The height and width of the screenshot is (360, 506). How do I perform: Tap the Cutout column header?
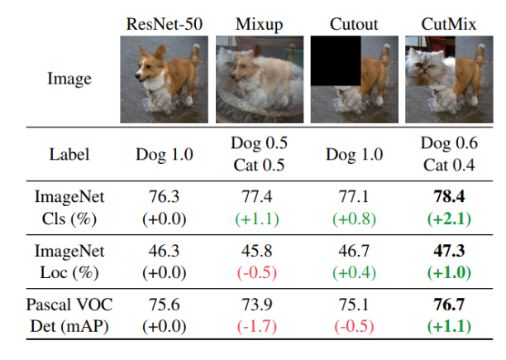[x=353, y=24]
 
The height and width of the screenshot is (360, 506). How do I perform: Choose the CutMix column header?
[x=447, y=24]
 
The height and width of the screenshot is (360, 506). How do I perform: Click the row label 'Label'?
[x=68, y=154]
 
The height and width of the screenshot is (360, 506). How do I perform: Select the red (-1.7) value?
[x=259, y=324]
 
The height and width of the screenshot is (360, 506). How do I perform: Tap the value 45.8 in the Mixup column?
[x=259, y=252]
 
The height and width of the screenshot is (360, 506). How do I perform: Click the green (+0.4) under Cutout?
[x=353, y=271]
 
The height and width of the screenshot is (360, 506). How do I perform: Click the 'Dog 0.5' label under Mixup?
[x=259, y=144]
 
